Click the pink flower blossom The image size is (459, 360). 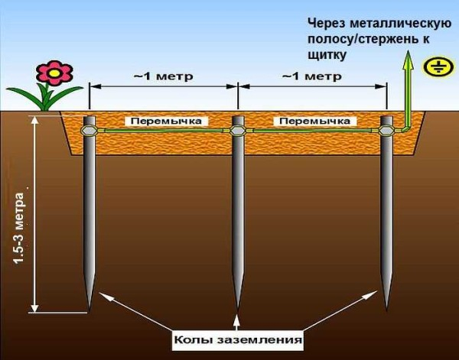pyautogui.click(x=53, y=73)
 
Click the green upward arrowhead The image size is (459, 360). pyautogui.click(x=408, y=61)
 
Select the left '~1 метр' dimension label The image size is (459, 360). pyautogui.click(x=162, y=76)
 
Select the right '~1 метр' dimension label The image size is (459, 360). pyautogui.click(x=311, y=76)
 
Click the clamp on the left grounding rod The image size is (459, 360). pyautogui.click(x=90, y=131)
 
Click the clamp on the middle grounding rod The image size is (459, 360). pyautogui.click(x=237, y=131)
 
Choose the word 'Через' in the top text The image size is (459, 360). pyautogui.click(x=328, y=21)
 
